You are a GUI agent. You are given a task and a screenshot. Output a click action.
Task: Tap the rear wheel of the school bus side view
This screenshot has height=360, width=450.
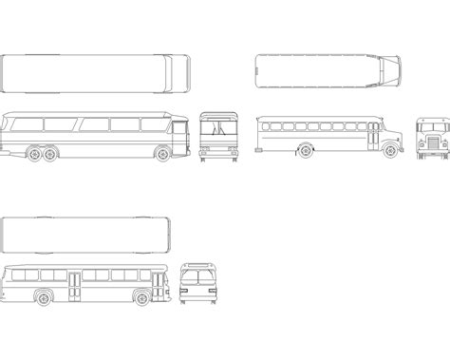coord(306,149)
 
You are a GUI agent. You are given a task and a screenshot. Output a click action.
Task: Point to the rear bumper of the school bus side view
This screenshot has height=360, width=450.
coord(258,145)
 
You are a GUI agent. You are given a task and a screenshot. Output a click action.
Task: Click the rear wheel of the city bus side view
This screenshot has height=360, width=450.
coord(43,296)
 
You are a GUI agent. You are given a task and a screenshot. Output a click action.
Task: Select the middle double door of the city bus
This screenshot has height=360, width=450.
coord(74,282)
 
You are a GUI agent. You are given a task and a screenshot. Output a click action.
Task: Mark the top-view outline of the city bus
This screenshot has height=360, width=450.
coord(87,235)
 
